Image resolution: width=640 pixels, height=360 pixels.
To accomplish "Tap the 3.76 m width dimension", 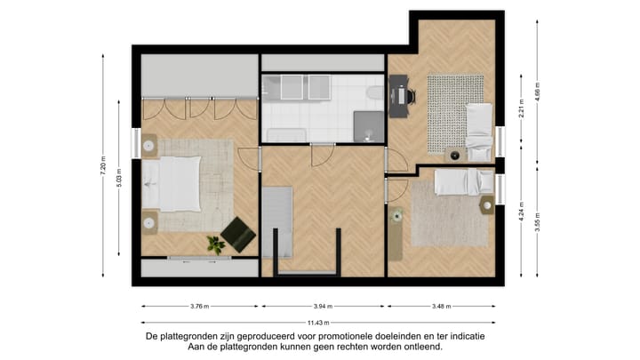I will click(x=199, y=307).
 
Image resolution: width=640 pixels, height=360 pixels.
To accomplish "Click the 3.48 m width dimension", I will click(x=439, y=307).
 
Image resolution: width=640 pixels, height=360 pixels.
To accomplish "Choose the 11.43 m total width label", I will click(x=318, y=323).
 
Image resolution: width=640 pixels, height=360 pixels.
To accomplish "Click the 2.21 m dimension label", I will click(x=522, y=107).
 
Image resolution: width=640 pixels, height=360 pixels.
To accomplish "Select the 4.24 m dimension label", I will click(x=522, y=213).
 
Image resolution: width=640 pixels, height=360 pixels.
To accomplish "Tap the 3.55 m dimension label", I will click(x=537, y=220).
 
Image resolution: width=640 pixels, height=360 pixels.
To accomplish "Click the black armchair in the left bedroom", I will click(x=237, y=234).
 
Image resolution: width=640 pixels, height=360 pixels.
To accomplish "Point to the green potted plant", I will click(x=214, y=243).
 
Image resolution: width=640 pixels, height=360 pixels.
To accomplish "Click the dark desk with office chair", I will click(x=399, y=96).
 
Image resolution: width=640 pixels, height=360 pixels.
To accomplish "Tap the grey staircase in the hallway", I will click(x=276, y=222).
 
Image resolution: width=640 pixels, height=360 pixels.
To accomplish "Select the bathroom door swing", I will click(x=322, y=153).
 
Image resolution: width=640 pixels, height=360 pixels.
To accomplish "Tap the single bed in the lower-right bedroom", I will click(x=465, y=181).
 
